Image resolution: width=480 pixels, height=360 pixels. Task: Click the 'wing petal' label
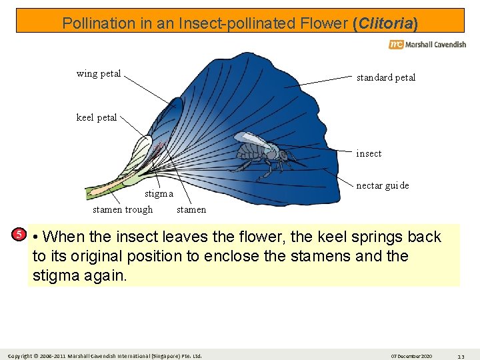click(99, 74)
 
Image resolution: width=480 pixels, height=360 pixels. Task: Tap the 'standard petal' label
click(385, 78)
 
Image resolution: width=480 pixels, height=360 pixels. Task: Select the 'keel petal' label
click(97, 118)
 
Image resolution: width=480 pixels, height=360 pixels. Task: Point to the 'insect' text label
click(369, 154)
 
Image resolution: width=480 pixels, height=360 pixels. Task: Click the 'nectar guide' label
click(383, 186)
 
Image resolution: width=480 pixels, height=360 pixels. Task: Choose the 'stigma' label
click(159, 195)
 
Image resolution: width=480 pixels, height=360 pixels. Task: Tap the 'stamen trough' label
click(123, 210)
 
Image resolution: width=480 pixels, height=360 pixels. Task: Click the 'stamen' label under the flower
click(191, 210)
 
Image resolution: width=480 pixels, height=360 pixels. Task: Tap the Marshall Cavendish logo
click(427, 45)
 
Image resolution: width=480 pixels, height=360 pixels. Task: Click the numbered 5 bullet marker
click(20, 234)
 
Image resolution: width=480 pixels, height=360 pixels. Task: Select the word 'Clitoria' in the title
click(385, 23)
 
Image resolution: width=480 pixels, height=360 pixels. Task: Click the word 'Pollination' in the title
click(98, 23)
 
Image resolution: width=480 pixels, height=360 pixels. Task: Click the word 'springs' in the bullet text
click(381, 237)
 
